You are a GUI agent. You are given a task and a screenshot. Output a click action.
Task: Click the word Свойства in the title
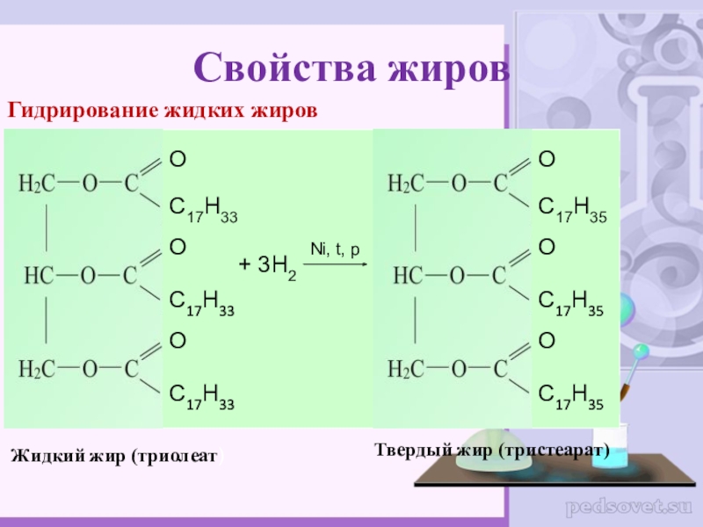[x=280, y=66]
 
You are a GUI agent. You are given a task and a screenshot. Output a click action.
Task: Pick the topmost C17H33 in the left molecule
[x=201, y=209]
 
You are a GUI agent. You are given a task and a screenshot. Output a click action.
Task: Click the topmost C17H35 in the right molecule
[x=570, y=209]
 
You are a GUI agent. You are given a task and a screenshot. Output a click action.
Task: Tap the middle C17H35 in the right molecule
[x=570, y=304]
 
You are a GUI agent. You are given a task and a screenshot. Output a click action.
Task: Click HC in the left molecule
[x=40, y=276]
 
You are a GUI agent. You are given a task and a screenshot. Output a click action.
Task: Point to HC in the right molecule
[x=408, y=276]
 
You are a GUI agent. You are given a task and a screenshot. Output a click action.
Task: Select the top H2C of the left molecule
[x=38, y=184]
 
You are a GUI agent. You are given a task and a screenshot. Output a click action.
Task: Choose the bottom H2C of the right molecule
[x=407, y=368]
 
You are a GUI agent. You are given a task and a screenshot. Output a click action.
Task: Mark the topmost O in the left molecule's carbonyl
[x=177, y=159]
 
